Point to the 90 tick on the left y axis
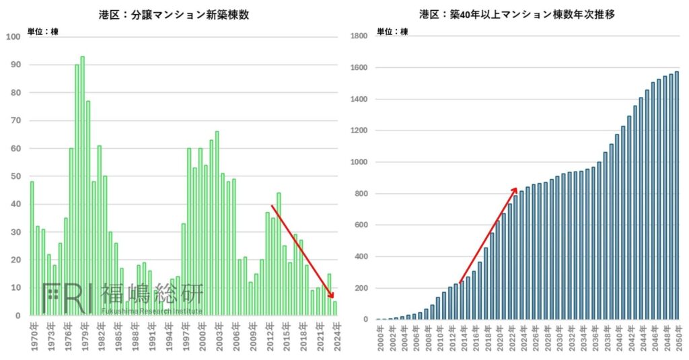[x=13, y=65]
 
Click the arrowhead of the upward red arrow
[x=515, y=190]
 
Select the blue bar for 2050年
[x=676, y=195]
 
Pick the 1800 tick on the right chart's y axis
[x=358, y=36]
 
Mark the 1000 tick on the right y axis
[x=358, y=162]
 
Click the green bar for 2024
[x=335, y=308]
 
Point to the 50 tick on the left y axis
[x=13, y=176]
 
